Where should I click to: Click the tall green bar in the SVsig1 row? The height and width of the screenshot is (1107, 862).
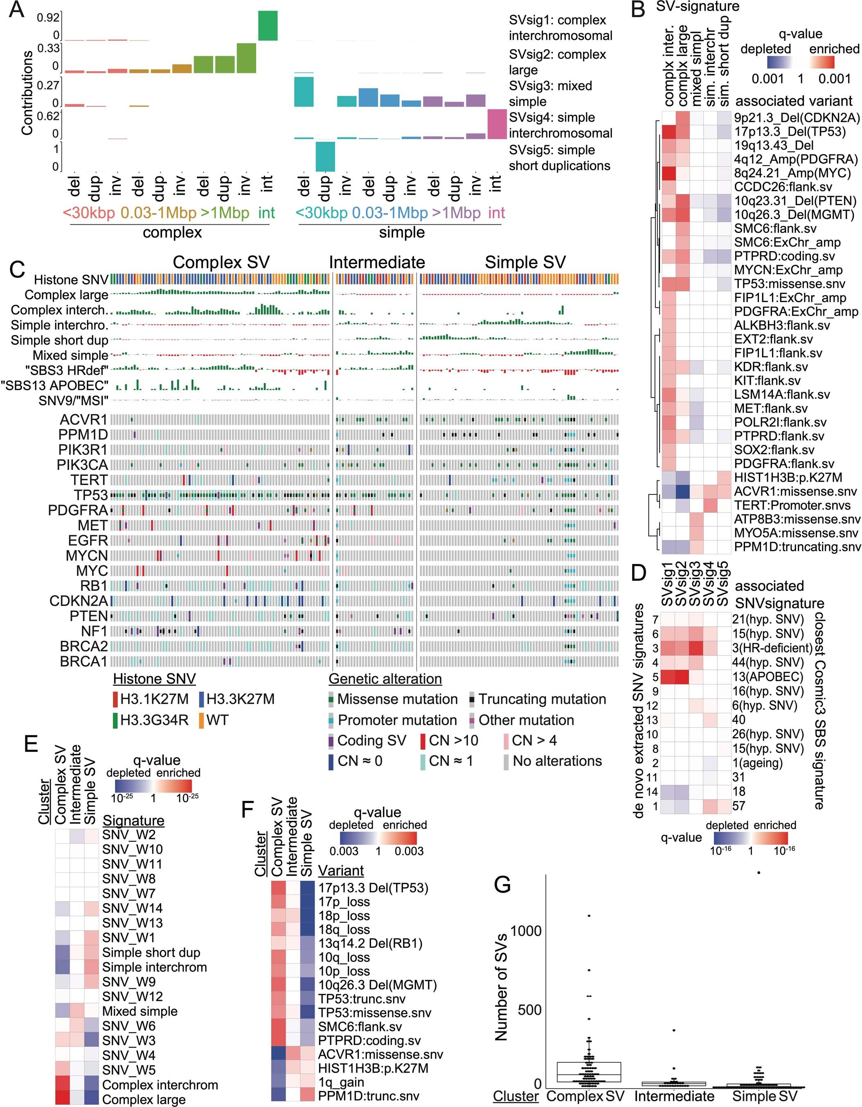click(x=268, y=25)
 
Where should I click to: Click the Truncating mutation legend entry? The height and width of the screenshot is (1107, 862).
click(x=542, y=699)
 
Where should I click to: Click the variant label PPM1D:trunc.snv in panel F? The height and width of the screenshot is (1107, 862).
click(x=369, y=1096)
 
